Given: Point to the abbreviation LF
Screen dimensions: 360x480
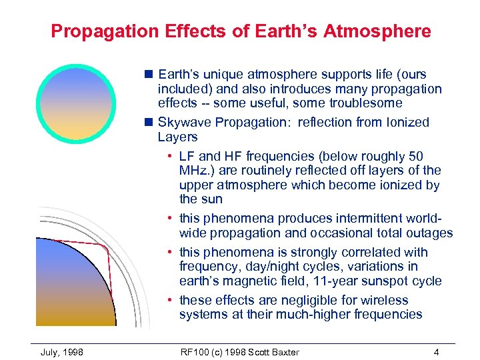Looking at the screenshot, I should (x=187, y=156).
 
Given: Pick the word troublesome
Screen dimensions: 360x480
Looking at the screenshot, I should (x=365, y=103).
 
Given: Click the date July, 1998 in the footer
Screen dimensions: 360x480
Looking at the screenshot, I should (x=62, y=351).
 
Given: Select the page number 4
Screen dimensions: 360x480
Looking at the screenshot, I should (x=435, y=351).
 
